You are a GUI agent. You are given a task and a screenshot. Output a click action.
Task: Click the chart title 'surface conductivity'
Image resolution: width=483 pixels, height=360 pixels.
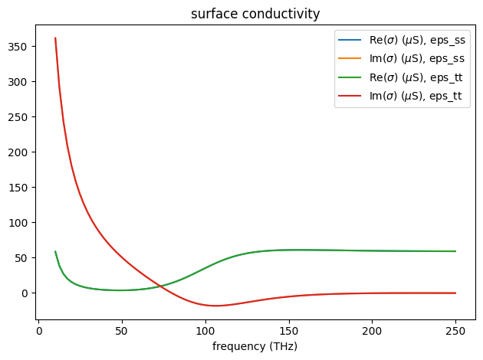tap(255, 13)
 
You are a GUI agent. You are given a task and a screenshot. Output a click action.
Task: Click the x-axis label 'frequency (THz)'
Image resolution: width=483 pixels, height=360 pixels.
tap(255, 346)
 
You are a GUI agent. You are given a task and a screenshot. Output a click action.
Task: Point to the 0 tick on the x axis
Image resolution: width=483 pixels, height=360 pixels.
tap(38, 331)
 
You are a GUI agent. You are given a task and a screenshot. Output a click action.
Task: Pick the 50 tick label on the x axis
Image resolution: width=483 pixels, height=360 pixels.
tap(122, 331)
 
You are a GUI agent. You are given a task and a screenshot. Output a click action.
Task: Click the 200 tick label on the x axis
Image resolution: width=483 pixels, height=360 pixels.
tap(372, 331)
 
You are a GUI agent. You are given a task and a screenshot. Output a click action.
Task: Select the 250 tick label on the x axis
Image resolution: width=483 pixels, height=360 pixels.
tap(455, 331)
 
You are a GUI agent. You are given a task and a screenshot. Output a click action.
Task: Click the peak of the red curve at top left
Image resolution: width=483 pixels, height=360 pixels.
tap(55, 38)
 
